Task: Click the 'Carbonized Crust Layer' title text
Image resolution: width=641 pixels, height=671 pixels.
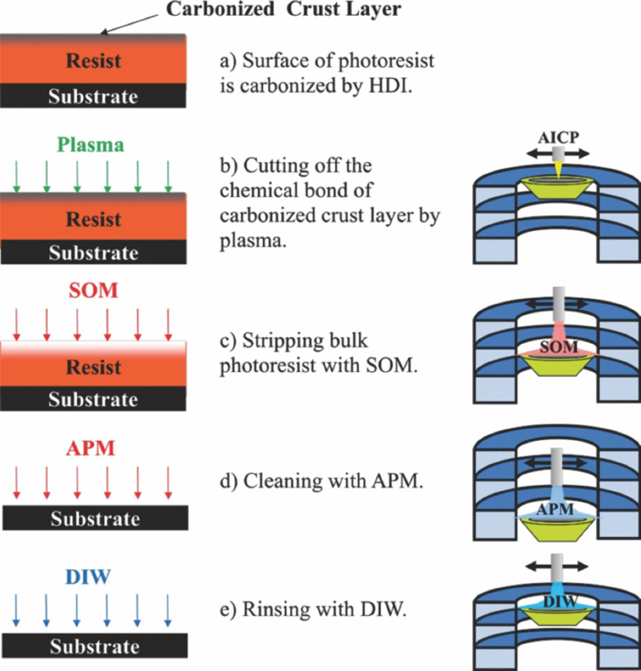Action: (283, 9)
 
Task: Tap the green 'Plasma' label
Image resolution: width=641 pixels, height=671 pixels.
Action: (91, 145)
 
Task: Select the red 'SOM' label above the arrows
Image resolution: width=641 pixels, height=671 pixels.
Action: (93, 290)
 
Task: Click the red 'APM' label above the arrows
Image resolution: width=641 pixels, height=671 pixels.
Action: (91, 449)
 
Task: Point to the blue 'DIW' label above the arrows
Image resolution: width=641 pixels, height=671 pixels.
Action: (88, 577)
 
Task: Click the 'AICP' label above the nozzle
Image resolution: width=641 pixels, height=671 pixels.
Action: (558, 138)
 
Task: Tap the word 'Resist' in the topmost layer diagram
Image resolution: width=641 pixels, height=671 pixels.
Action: (93, 61)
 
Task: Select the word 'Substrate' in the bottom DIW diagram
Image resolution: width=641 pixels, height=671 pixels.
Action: (94, 646)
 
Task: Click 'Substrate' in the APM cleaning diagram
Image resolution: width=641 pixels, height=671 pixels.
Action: (95, 518)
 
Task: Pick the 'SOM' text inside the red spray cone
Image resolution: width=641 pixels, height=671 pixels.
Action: (559, 347)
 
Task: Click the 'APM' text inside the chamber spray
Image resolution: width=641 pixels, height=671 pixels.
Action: (556, 508)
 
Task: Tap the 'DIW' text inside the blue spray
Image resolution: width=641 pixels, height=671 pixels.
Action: (560, 602)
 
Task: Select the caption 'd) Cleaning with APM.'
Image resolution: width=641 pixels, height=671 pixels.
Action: (321, 481)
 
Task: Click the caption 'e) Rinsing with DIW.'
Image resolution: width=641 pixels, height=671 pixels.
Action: (313, 610)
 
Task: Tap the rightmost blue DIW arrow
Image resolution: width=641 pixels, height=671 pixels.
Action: (168, 610)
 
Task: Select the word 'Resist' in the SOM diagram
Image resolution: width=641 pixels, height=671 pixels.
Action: (93, 367)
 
